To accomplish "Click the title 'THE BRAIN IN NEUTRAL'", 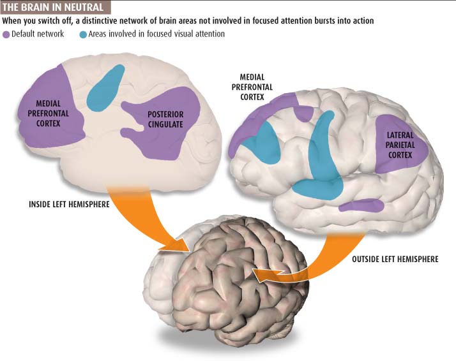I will click(x=56, y=8).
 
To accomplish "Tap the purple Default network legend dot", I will click(x=7, y=34).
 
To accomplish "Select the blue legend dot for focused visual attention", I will click(x=83, y=34).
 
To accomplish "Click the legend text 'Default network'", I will click(x=38, y=34).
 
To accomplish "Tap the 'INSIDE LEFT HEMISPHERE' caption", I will click(x=70, y=205).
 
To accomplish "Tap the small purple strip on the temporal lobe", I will click(x=361, y=205).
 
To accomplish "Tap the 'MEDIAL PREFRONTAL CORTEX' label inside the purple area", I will click(x=49, y=112).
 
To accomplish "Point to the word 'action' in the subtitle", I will click(x=360, y=21).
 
